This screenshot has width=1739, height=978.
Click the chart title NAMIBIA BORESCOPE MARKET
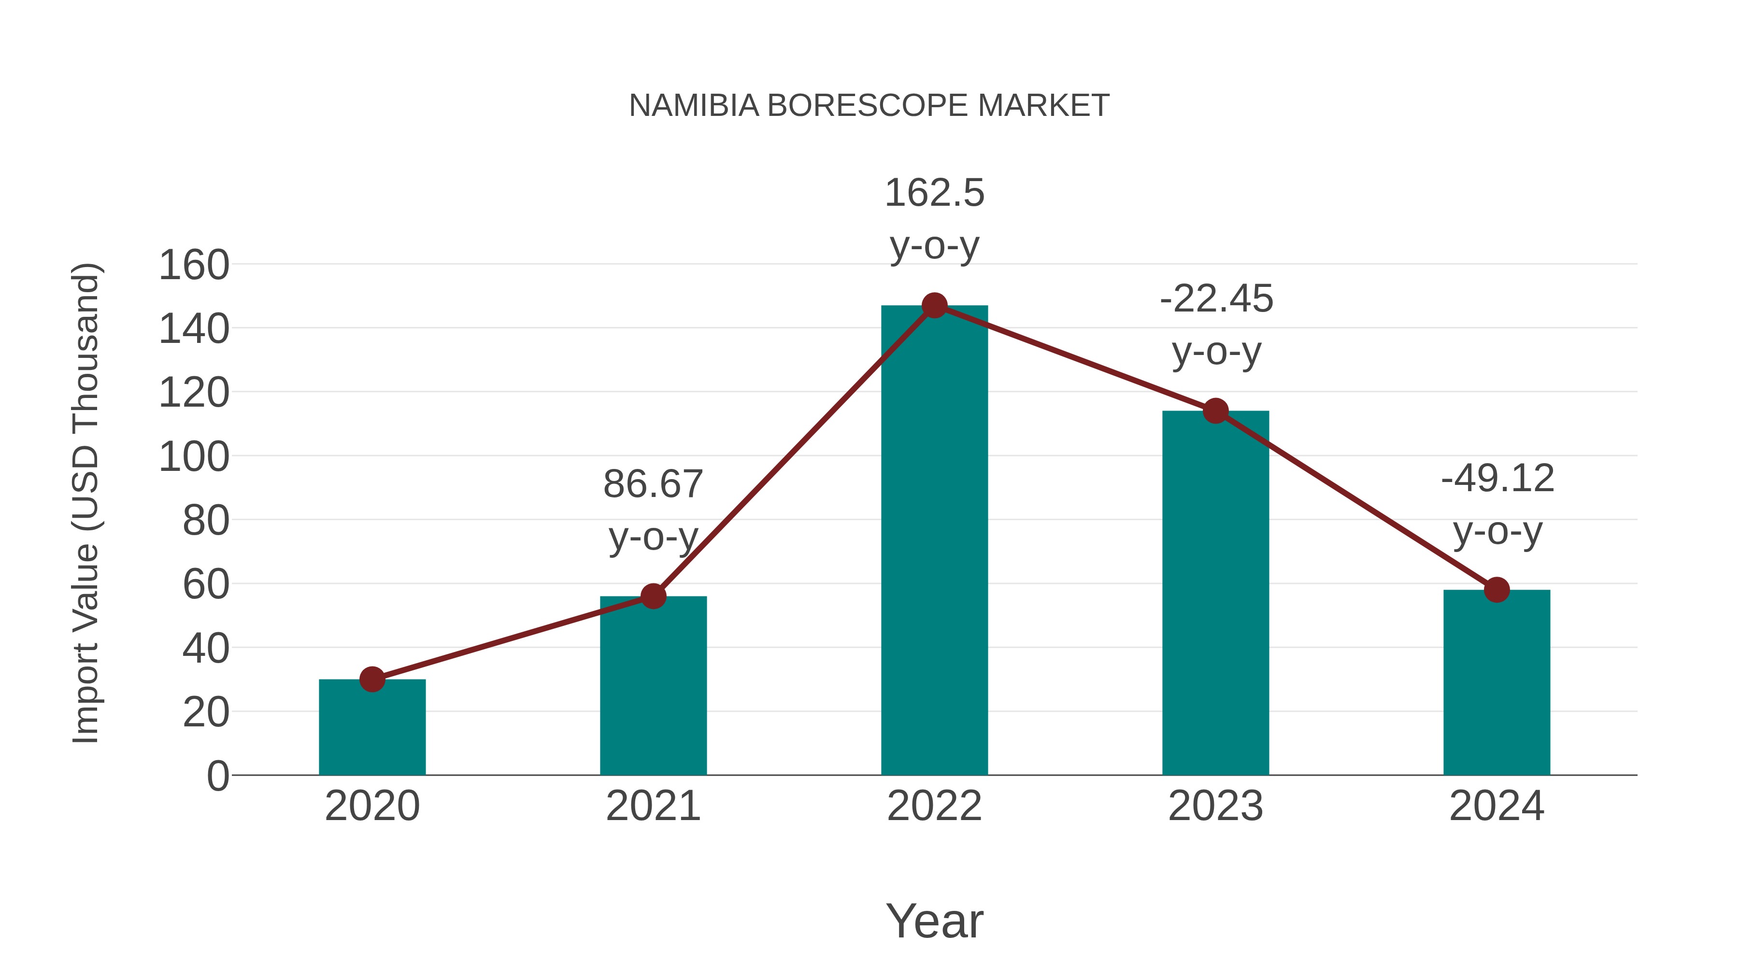pyautogui.click(x=869, y=106)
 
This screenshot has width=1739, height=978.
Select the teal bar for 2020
pyautogui.click(x=372, y=729)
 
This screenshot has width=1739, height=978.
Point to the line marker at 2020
pyautogui.click(x=372, y=679)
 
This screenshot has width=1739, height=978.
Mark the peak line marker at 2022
pyautogui.click(x=934, y=306)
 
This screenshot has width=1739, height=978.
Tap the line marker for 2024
pyautogui.click(x=1497, y=590)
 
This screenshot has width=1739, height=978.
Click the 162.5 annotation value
pyautogui.click(x=934, y=194)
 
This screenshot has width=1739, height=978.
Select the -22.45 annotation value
pyautogui.click(x=1216, y=299)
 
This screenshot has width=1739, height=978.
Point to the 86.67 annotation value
pyautogui.click(x=653, y=484)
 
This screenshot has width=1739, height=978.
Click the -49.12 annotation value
pyautogui.click(x=1497, y=479)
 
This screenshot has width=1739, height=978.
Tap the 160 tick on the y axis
pyautogui.click(x=194, y=265)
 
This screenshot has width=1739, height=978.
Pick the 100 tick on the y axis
pyautogui.click(x=194, y=457)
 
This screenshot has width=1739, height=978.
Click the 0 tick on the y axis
pyautogui.click(x=218, y=776)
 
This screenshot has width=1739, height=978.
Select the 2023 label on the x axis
pyautogui.click(x=1215, y=807)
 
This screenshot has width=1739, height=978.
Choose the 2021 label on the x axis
pyautogui.click(x=653, y=807)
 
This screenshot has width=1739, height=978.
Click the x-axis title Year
pyautogui.click(x=934, y=921)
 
